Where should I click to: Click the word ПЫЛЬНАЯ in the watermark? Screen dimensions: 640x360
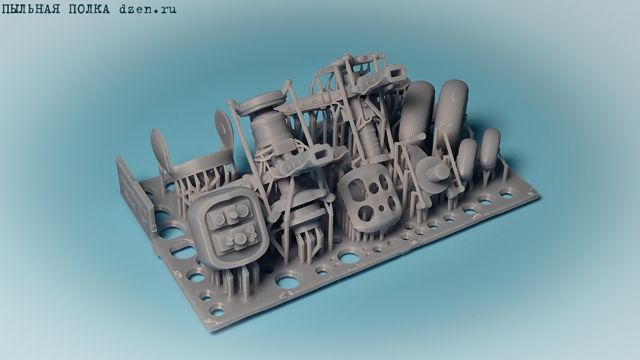[31, 10]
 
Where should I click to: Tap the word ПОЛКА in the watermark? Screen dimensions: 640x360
[89, 10]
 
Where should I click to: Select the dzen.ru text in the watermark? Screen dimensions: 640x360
[148, 10]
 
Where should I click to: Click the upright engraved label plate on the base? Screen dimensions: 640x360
[137, 194]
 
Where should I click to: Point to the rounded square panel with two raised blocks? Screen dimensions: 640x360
[229, 227]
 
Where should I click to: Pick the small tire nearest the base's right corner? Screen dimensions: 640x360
[490, 149]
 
